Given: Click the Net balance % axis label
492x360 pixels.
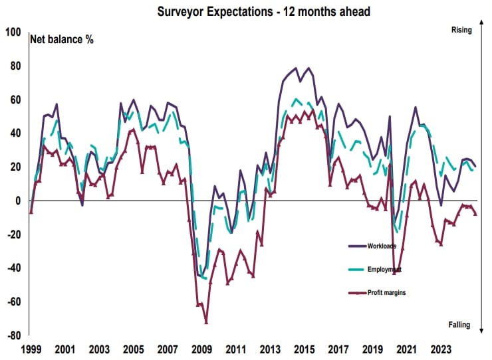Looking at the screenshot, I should click(62, 39).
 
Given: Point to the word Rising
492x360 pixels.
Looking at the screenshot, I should click(460, 30).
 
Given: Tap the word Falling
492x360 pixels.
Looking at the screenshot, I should click(459, 325).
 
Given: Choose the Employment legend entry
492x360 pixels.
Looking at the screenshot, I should click(382, 270).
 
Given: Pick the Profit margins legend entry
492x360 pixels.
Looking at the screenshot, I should click(387, 293).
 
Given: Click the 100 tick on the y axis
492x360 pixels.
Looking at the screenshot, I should click(13, 32).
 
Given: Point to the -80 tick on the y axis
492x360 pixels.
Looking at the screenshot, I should click(14, 335).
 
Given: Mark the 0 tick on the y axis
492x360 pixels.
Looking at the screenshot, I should click(19, 201).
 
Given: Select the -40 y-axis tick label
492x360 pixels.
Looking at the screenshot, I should click(14, 268).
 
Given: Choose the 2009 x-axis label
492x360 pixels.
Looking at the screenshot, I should click(203, 349).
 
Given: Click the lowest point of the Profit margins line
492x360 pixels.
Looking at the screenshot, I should click(206, 322).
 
